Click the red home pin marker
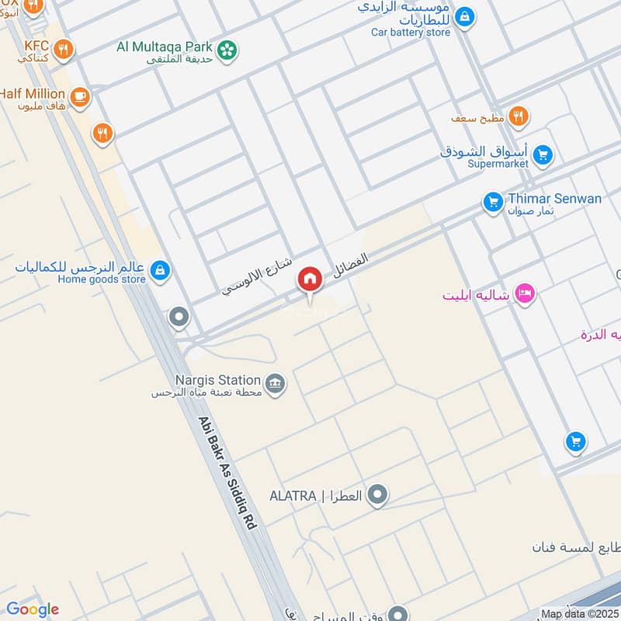[310, 279]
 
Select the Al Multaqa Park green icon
[227, 49]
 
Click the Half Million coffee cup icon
[79, 96]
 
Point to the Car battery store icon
[463, 16]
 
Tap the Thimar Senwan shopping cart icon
[492, 203]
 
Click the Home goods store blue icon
[161, 270]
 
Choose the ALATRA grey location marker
[377, 494]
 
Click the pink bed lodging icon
[526, 295]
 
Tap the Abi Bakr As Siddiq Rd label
[227, 473]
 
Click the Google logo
[33, 609]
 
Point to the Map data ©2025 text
[580, 614]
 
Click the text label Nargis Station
[217, 380]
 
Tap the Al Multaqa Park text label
[165, 46]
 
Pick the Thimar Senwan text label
[554, 199]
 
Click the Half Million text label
[33, 93]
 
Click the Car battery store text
[411, 33]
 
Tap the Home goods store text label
[102, 279]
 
